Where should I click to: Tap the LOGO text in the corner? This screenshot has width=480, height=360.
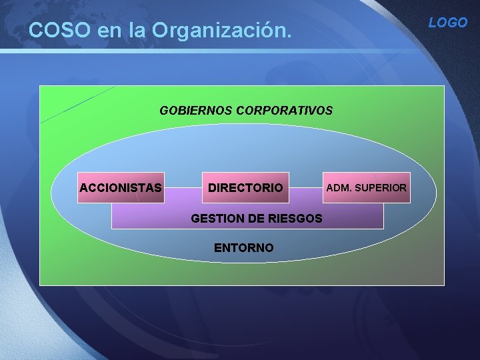pos(448,23)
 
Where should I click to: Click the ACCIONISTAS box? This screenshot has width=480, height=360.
pos(121,187)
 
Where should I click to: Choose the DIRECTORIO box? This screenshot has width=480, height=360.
pos(245,187)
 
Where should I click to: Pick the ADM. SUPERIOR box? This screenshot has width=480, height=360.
pos(366,187)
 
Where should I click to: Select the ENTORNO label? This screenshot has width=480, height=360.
pos(243,248)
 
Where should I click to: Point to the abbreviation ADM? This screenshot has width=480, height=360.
pos(337,188)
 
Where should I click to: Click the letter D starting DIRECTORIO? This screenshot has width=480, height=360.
pos(212,188)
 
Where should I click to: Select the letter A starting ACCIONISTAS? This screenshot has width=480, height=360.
pos(83,188)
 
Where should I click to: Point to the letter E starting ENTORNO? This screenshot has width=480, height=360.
pos(217,248)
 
